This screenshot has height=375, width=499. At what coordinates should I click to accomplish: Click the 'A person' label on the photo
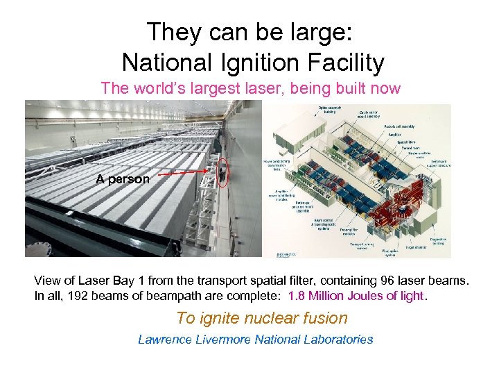point(123,179)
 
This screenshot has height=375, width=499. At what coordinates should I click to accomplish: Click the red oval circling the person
point(221,173)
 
